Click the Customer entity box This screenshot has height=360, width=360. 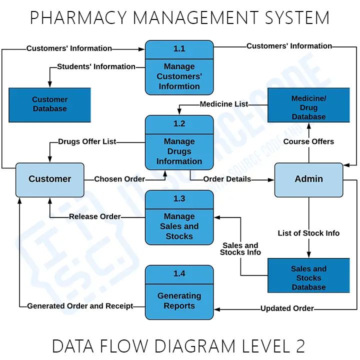[49, 179]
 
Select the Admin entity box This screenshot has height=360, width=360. [308, 179]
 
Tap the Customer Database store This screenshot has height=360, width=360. [49, 104]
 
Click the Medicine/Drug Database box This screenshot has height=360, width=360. [308, 107]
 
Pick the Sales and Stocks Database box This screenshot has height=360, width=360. [308, 278]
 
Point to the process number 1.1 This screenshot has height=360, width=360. [179, 49]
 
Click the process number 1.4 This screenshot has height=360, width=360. [179, 273]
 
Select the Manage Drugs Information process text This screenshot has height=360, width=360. [179, 151]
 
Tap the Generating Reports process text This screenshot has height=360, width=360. [179, 301]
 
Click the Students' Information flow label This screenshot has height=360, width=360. [96, 66]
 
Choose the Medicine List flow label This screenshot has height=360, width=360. [223, 104]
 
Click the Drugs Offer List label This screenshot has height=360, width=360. [87, 141]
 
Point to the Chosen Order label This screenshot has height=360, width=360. [119, 179]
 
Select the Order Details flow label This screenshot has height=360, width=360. [227, 179]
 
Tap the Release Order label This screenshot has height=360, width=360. [94, 216]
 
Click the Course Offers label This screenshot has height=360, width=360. [308, 141]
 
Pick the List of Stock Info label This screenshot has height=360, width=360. [308, 233]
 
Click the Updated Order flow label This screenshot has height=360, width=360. [287, 308]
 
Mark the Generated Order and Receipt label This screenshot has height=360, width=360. [80, 306]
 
